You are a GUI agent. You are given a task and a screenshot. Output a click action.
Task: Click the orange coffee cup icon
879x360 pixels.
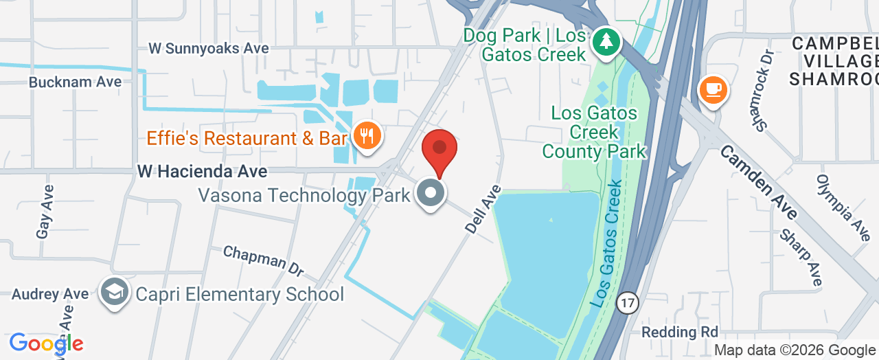tap(713, 89)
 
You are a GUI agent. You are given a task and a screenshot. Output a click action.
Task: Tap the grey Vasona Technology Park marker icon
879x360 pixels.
tap(431, 193)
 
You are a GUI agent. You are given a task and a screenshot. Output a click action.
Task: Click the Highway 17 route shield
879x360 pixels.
tap(627, 302)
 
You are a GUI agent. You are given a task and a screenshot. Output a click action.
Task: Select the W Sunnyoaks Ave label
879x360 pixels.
tap(209, 48)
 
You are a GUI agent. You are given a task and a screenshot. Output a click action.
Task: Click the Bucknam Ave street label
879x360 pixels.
tap(75, 82)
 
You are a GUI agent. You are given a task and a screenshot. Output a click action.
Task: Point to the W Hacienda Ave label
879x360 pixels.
tap(202, 170)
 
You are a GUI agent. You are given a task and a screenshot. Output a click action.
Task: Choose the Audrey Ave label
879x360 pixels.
tap(50, 294)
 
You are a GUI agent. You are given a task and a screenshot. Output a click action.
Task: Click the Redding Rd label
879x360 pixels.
tap(679, 332)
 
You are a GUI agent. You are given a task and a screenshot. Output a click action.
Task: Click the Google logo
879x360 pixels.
tap(46, 344)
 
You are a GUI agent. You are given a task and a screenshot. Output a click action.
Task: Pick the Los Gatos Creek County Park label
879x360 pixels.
tap(594, 132)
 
